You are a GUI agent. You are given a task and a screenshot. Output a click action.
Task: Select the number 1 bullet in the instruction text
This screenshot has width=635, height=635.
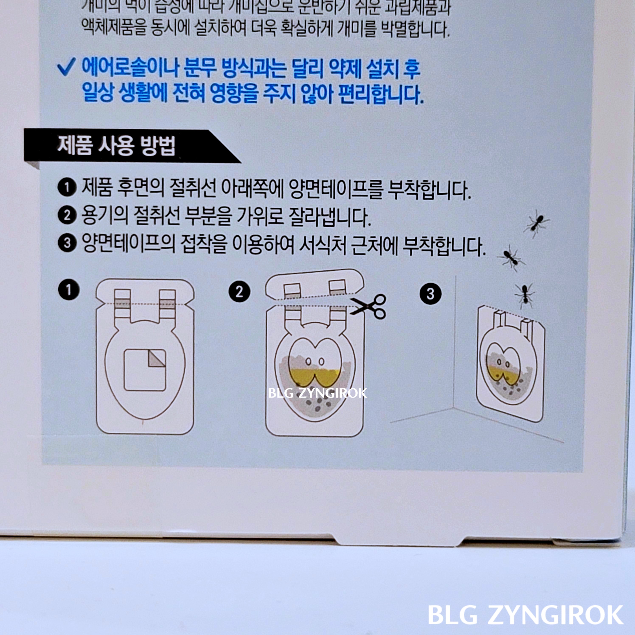point(67,188)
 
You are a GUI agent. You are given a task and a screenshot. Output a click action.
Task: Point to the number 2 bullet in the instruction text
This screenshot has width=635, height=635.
point(67,216)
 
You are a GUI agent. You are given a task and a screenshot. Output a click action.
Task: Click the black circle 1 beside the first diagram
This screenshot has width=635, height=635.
point(69,290)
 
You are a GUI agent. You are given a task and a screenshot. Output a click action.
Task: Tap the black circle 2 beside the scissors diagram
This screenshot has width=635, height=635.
point(239,292)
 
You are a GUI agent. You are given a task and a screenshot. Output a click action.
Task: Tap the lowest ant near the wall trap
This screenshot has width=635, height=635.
point(525,295)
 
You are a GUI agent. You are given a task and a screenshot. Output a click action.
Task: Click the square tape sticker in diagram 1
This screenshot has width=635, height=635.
point(145,370)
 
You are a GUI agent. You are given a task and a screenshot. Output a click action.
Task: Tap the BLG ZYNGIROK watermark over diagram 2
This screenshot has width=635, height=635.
point(317,393)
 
